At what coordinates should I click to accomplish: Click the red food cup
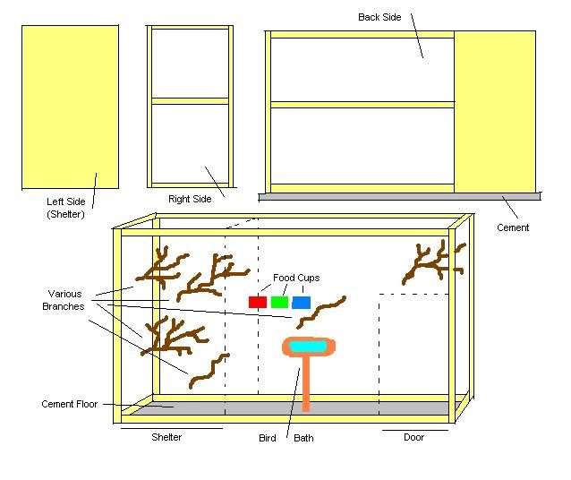tap(259, 302)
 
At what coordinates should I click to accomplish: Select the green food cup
tap(279, 302)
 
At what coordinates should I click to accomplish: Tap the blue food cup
tap(301, 302)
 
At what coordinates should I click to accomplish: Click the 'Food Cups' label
tap(296, 278)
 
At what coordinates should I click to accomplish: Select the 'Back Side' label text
tap(379, 17)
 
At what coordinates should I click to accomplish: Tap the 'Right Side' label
tap(190, 199)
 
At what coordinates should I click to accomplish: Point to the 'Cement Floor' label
tap(71, 404)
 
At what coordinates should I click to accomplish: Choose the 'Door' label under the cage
tap(413, 438)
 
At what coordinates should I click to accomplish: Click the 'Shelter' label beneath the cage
tap(166, 438)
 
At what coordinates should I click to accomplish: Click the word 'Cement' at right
tap(513, 227)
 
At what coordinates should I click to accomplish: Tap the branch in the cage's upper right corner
tap(430, 261)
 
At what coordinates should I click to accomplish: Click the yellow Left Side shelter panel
tap(71, 107)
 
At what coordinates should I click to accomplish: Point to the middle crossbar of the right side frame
tap(190, 101)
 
